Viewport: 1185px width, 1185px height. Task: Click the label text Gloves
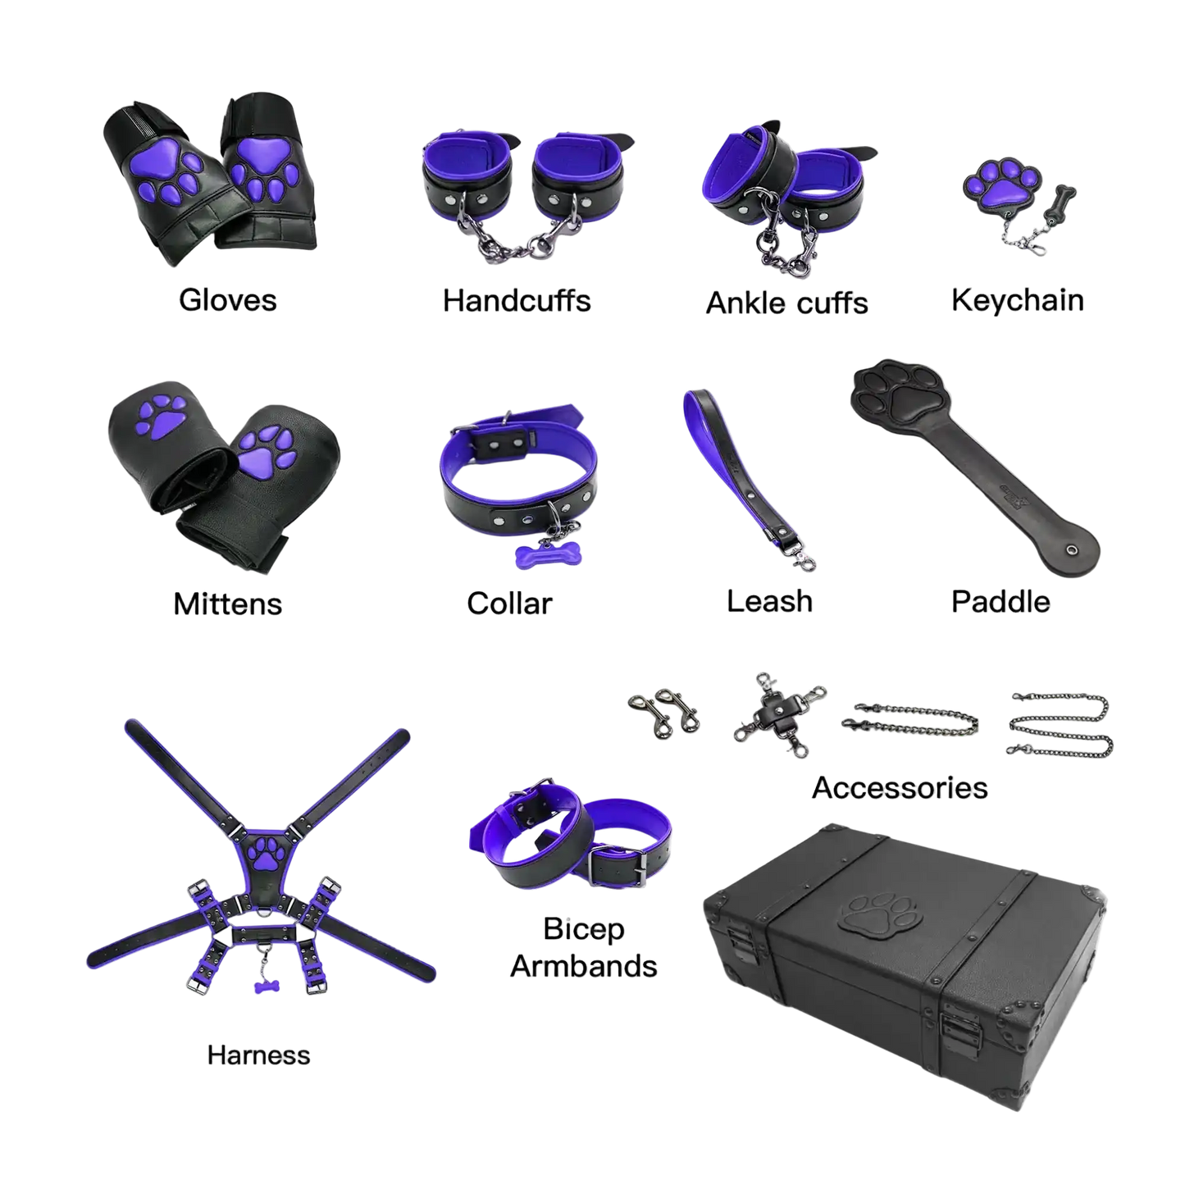227,300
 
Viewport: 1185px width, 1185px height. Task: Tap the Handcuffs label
517,301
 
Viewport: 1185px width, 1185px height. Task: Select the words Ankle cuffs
786,303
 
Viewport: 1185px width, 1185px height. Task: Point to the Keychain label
1017,301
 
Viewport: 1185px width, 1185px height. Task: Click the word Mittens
227,604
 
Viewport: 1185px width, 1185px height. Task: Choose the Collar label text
509,603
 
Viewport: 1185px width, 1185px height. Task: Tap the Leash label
769,601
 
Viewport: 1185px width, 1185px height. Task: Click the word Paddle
1000,601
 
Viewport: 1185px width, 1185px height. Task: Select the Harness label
259,1055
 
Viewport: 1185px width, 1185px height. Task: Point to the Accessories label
900,788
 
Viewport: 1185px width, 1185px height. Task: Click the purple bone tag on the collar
549,555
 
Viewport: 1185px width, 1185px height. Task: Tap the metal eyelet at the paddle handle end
1071,549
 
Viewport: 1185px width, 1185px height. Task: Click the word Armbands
584,966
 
